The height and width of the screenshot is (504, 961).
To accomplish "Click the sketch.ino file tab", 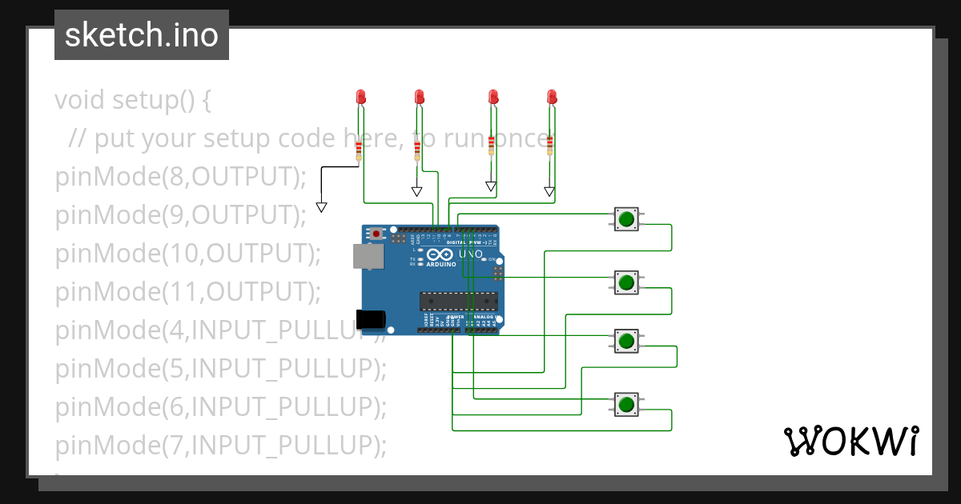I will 141,35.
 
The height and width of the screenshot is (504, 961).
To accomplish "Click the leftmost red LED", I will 360,97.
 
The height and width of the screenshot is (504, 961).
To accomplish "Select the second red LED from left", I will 419,97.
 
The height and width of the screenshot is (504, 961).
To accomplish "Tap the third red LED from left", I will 493,97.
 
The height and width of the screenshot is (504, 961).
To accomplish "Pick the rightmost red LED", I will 551,97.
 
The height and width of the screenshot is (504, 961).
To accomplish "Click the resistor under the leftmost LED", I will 359,150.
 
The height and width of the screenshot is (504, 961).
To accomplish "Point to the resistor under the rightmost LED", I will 549,143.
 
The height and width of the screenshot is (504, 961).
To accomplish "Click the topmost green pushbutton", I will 626,218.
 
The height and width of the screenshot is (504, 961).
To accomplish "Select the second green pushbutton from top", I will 626,282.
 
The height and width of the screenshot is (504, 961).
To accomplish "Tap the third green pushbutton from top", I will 626,341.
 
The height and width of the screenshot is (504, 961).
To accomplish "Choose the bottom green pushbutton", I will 626,404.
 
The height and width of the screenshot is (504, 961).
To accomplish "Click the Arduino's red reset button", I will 376,234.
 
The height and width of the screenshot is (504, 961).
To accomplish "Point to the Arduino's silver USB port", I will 367,256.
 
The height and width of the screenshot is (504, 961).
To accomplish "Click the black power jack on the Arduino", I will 370,319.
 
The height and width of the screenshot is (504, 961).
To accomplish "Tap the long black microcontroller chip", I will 459,301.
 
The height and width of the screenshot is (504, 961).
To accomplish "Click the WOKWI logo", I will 850,441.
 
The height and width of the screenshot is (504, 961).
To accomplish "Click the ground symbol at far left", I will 321,207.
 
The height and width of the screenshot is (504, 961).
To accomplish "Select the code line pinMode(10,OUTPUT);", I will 187,254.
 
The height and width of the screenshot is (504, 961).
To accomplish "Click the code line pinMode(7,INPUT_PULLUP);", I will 220,444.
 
